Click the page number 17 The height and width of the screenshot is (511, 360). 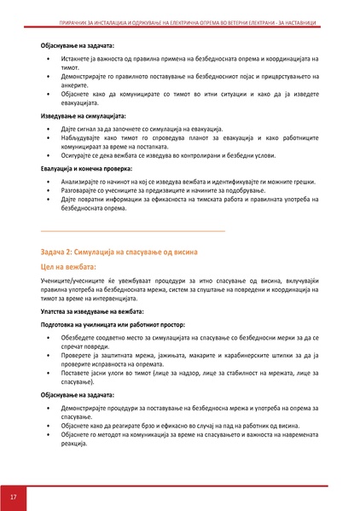click(14, 496)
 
